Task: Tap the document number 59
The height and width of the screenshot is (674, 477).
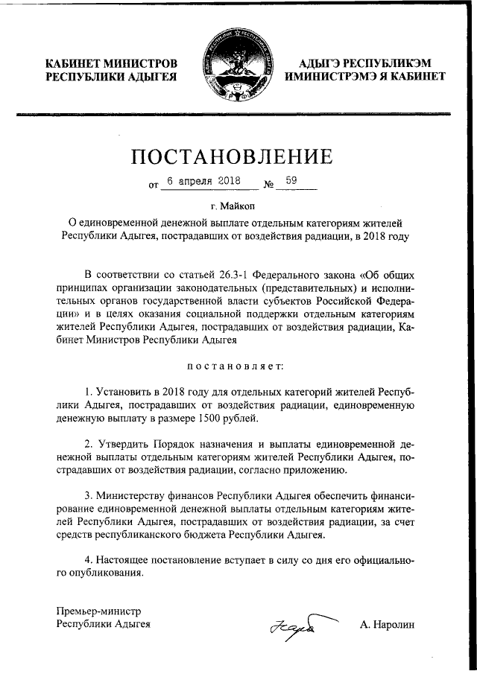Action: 291,180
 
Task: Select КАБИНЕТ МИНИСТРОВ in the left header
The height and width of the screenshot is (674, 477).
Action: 112,63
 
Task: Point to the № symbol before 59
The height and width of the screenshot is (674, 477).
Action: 269,182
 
